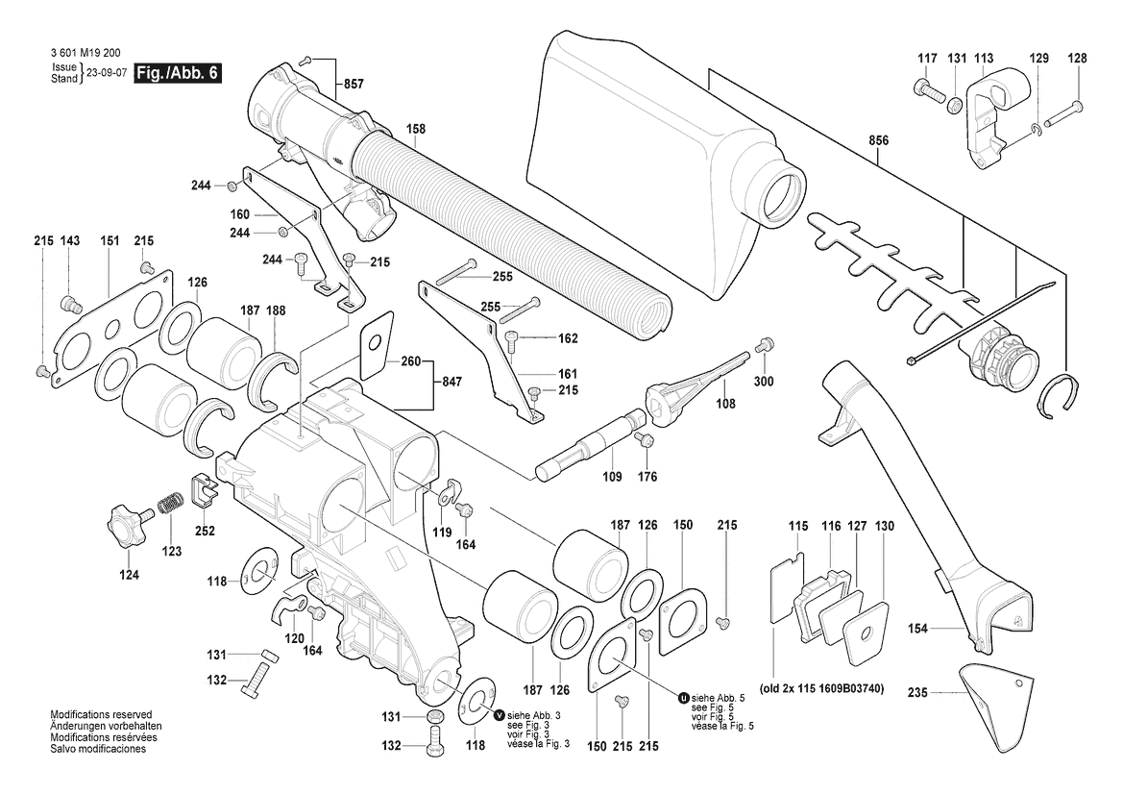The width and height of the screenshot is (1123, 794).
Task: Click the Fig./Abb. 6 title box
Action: (x=179, y=74)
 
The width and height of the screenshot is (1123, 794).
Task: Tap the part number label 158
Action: (x=415, y=129)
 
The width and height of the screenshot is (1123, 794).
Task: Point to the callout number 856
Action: (x=878, y=140)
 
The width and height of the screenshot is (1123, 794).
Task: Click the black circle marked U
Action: (x=683, y=697)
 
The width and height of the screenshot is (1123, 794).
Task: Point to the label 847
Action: (x=452, y=382)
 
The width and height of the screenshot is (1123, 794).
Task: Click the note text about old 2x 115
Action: (x=821, y=688)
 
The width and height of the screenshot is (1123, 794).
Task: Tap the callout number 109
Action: (x=612, y=477)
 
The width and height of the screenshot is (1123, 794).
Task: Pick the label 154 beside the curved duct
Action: (x=917, y=629)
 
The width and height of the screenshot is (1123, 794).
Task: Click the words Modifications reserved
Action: (x=101, y=714)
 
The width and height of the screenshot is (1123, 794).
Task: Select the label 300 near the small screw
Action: (x=764, y=382)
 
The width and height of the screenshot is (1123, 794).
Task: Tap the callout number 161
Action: (x=567, y=373)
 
